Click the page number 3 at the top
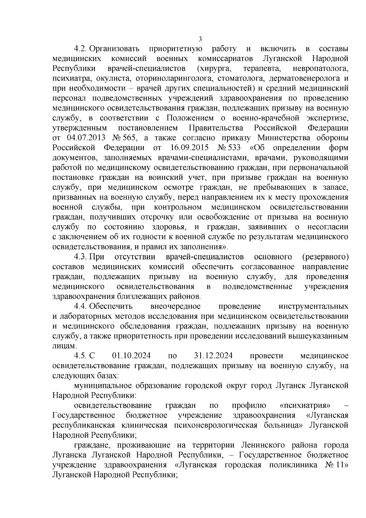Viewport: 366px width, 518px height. pyautogui.click(x=200, y=39)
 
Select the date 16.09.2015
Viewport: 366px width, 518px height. pyautogui.click(x=188, y=148)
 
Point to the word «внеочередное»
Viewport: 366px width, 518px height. pyautogui.click(x=176, y=306)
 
